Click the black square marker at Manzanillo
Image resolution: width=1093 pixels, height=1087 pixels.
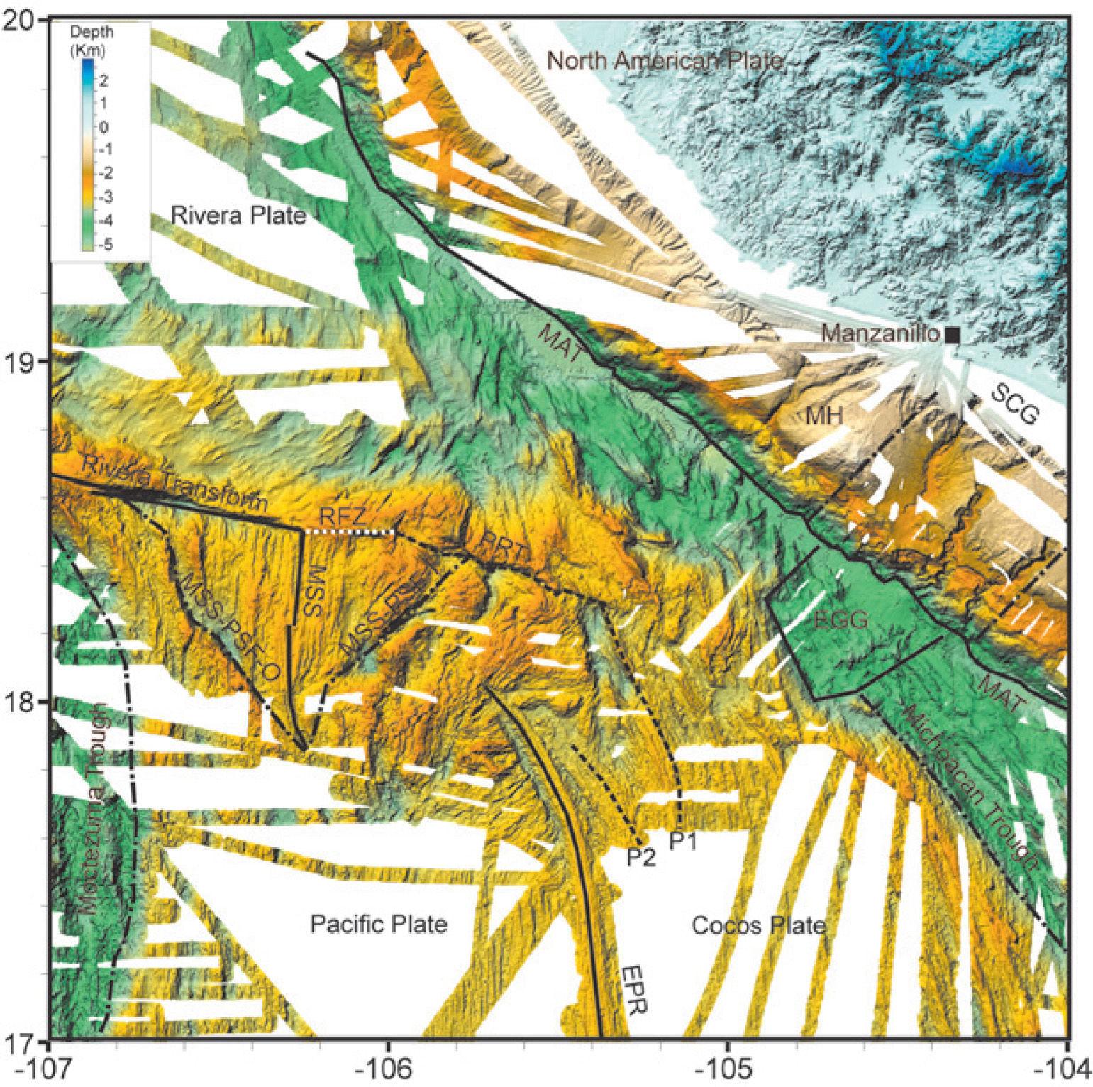pos(953,336)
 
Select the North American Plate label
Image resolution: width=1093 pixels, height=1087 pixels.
pos(665,61)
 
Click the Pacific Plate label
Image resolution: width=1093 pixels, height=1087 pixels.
pos(379,924)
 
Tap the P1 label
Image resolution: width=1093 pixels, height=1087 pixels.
pos(684,843)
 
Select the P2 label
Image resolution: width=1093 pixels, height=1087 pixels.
pos(640,859)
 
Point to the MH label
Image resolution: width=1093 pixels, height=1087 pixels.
pos(823,416)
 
